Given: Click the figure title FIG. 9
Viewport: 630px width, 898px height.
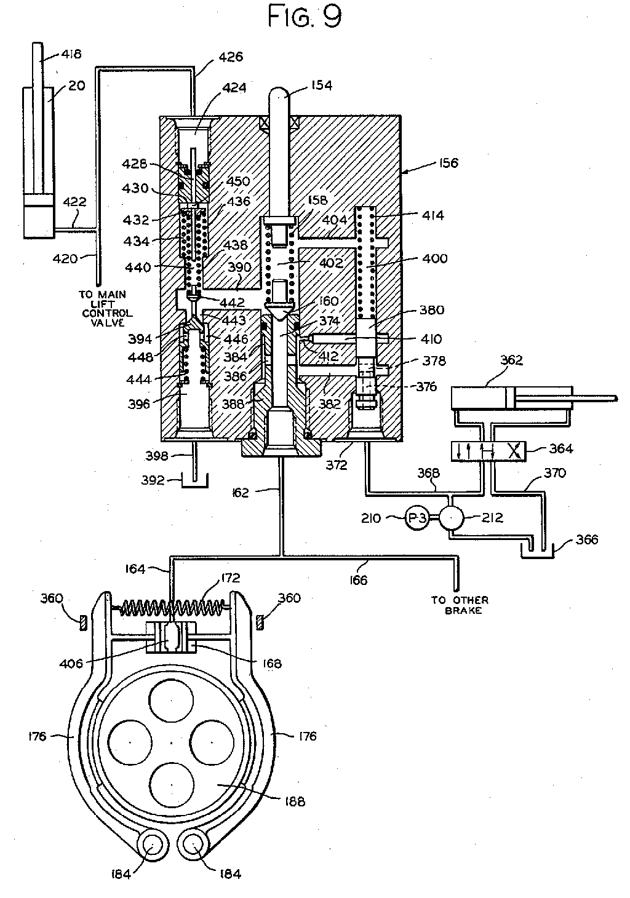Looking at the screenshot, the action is [305, 17].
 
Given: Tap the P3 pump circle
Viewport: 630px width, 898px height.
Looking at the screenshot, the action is [417, 518].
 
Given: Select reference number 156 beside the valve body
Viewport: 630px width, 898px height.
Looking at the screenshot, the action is [448, 163].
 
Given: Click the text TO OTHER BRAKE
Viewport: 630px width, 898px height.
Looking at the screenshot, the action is [460, 605].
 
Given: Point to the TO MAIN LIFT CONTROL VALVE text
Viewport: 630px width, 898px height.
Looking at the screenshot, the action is [106, 308].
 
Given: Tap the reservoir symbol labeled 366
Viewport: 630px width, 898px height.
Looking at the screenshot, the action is [537, 550].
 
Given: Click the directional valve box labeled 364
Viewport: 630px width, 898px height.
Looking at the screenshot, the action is [488, 451].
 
